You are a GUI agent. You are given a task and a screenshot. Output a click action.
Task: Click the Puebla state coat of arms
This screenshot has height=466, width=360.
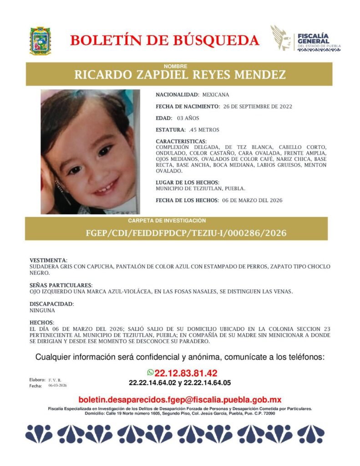click(x=40, y=41)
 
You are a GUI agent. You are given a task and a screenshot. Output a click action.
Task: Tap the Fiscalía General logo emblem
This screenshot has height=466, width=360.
click(x=282, y=38)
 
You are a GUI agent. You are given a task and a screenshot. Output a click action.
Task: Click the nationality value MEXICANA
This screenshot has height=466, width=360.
click(x=216, y=95)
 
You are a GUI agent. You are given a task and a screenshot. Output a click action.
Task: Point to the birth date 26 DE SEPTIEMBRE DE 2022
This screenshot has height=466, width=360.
click(x=258, y=106)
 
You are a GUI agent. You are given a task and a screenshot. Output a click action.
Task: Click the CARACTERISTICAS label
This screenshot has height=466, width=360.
click(x=181, y=142)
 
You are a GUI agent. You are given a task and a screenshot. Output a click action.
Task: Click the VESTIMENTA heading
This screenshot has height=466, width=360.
click(x=48, y=260)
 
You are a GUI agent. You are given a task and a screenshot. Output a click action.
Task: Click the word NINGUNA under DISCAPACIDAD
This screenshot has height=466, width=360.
click(x=41, y=310)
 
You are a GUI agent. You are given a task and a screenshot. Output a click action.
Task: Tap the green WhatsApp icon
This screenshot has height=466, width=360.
click(x=150, y=372)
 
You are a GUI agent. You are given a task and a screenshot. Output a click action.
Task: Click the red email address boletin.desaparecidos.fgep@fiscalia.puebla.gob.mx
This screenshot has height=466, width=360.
click(x=180, y=400)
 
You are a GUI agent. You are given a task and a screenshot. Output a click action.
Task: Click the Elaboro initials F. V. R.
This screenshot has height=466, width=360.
click(x=55, y=380)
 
